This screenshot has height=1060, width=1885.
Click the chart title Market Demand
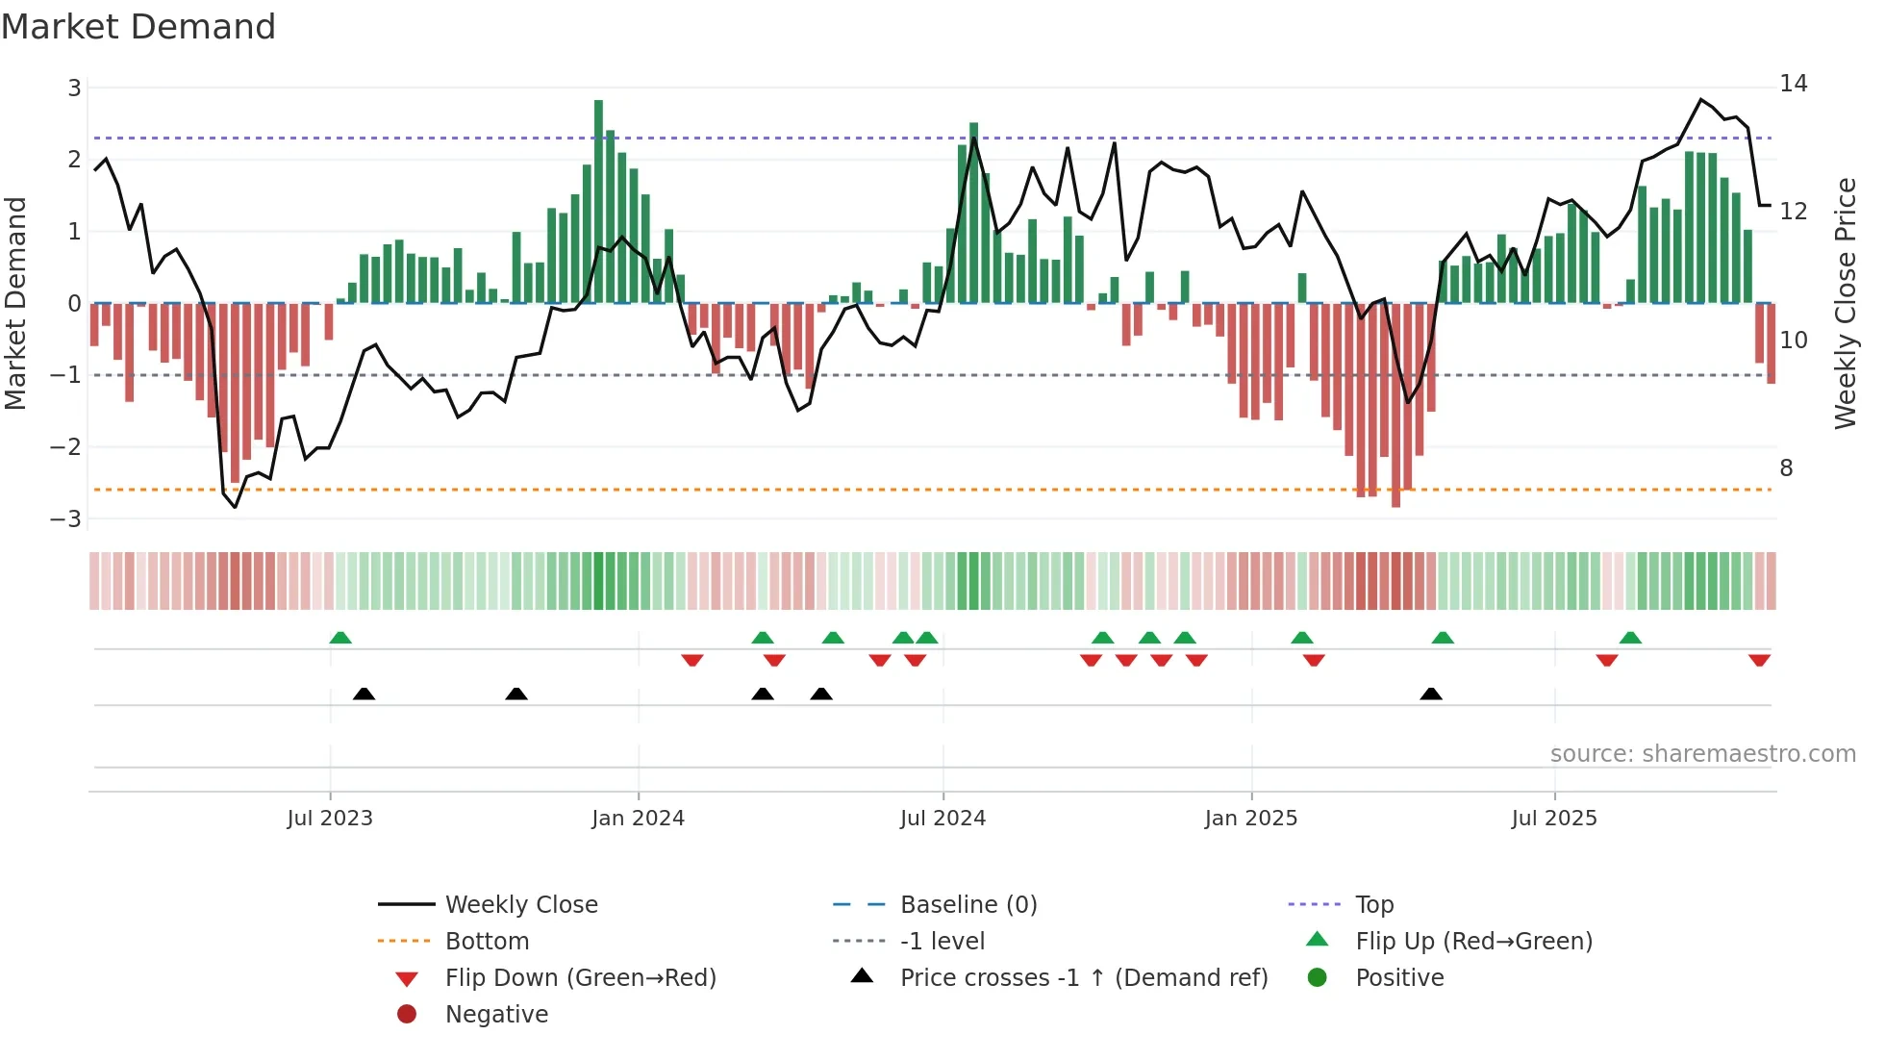[x=138, y=27]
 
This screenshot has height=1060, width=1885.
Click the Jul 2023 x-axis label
[x=330, y=819]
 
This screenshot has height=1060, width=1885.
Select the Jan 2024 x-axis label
[x=638, y=819]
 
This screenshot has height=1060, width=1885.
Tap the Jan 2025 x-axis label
[x=1250, y=819]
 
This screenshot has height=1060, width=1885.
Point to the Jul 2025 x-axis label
[x=1553, y=819]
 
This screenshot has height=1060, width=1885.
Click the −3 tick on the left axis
[x=66, y=519]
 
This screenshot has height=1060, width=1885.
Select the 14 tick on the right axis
[x=1793, y=84]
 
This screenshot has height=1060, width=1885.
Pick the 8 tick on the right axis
[x=1786, y=468]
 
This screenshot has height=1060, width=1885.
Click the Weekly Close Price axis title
[x=1845, y=303]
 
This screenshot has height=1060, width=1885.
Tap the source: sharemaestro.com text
[x=1702, y=754]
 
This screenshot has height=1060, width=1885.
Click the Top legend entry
[x=1373, y=905]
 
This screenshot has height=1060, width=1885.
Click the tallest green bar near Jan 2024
[x=598, y=202]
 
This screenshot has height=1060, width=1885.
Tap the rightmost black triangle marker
[x=1431, y=694]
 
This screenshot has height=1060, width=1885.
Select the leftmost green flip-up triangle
[x=340, y=638]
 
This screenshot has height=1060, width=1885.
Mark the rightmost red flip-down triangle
[x=1759, y=661]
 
